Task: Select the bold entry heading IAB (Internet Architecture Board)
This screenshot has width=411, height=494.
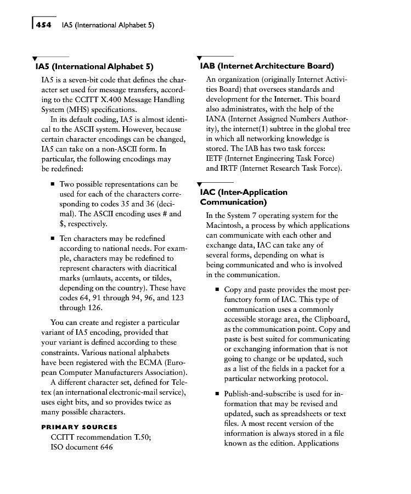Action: tap(267, 66)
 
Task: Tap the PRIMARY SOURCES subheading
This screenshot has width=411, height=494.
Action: tap(80, 426)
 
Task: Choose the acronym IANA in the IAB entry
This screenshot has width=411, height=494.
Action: tap(217, 119)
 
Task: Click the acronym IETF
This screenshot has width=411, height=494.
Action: tap(215, 159)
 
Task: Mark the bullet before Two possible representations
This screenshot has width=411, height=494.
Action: tap(52, 185)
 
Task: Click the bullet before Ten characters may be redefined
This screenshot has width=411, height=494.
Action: tap(52, 239)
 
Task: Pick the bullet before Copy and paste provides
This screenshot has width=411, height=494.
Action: tap(217, 290)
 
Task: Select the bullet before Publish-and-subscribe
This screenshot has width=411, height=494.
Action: tap(217, 394)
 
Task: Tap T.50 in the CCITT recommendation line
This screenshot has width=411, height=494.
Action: tap(141, 437)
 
